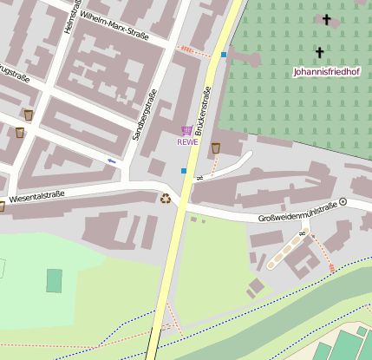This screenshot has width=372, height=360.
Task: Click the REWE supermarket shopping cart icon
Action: pos(186,130)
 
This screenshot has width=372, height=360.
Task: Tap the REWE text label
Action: pos(187,142)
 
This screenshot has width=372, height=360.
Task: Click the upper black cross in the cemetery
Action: pos(327,19)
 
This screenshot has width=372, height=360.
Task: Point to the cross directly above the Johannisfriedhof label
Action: pos(319,53)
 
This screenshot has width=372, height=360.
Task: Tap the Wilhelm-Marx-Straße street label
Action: pos(114,26)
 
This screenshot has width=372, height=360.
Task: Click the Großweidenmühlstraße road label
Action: pos(297,213)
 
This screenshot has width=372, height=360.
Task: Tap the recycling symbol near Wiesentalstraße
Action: pos(165,199)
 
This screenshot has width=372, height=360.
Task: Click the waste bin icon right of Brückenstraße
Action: pos(216,147)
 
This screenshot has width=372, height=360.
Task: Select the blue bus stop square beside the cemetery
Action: pos(223,55)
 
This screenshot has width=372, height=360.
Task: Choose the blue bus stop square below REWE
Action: pos(183,171)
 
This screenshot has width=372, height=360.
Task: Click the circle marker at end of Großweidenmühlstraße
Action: pos(343,201)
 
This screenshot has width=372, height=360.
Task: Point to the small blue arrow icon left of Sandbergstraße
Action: pos(111,160)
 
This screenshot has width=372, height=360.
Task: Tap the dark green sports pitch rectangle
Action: pos(54,280)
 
